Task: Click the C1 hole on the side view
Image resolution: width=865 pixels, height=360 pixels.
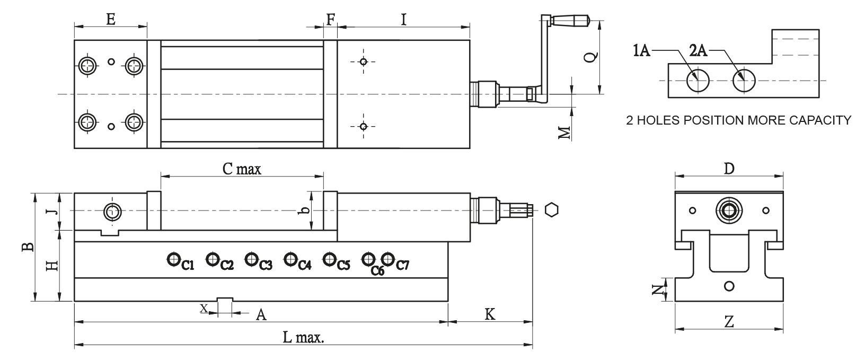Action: click(173, 259)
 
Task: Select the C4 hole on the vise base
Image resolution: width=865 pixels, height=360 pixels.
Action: click(290, 259)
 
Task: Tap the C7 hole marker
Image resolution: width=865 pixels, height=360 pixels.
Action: click(388, 259)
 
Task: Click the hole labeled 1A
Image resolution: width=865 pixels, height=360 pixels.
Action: click(698, 81)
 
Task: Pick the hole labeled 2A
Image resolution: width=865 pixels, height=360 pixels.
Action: click(744, 81)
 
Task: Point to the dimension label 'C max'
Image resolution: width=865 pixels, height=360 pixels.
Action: click(242, 169)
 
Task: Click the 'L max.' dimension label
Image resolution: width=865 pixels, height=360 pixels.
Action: click(303, 337)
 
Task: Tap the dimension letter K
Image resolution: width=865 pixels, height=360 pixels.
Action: click(490, 314)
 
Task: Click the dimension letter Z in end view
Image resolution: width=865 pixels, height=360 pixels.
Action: click(729, 321)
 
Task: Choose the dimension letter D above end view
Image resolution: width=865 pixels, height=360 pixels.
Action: click(729, 169)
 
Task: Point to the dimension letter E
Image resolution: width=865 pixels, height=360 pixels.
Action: click(110, 20)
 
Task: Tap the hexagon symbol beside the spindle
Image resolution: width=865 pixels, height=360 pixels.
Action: click(552, 210)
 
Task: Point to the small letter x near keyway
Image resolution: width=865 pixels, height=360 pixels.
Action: click(203, 308)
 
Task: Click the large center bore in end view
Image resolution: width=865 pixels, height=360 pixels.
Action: click(729, 210)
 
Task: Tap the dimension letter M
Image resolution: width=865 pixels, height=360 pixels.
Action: click(567, 132)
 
